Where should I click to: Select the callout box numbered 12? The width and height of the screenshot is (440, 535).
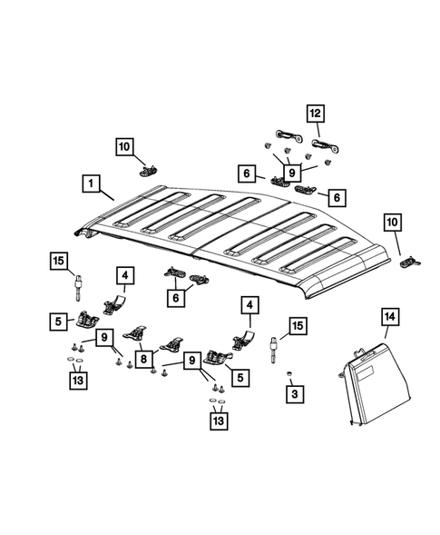(x=315, y=114)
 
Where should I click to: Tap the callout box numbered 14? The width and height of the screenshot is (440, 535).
(x=389, y=317)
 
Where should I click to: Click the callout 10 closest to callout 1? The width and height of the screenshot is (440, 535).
(x=124, y=145)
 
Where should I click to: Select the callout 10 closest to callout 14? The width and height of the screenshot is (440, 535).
(x=393, y=222)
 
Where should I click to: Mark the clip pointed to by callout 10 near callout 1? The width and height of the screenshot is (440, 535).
(x=146, y=167)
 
